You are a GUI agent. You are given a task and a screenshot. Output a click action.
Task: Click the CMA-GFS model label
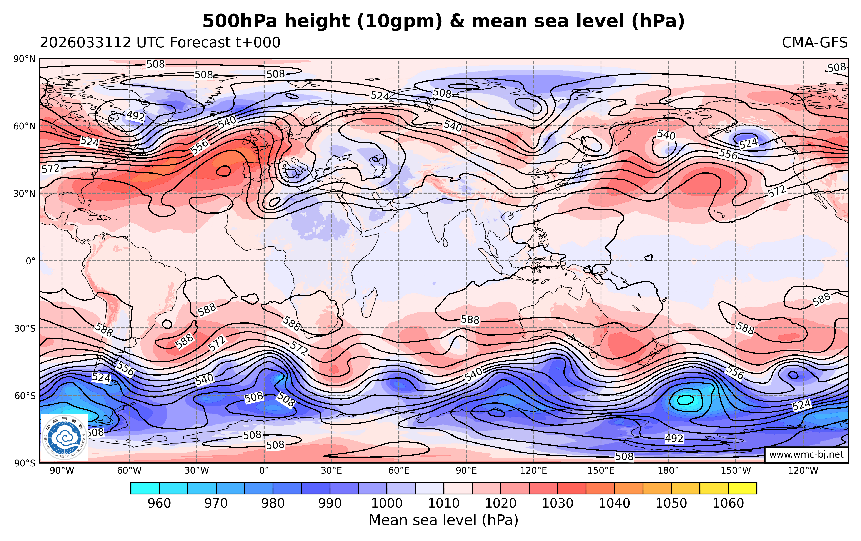(x=814, y=43)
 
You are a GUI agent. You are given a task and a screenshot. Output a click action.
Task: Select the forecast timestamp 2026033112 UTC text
(x=160, y=43)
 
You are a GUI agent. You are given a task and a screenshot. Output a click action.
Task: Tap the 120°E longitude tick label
(x=533, y=471)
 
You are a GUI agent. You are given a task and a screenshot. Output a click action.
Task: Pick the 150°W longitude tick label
(x=736, y=471)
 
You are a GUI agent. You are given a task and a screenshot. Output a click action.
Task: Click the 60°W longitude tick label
(x=129, y=471)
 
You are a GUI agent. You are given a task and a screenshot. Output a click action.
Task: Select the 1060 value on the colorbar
(x=728, y=503)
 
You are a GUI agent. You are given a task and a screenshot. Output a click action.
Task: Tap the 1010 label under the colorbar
(x=443, y=503)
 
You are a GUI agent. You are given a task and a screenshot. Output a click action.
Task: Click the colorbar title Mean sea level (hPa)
(x=443, y=520)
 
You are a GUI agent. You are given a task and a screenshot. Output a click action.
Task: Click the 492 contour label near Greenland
(x=135, y=116)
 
